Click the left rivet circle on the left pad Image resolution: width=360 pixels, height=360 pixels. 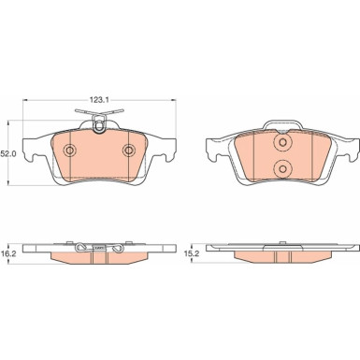[x=70, y=151]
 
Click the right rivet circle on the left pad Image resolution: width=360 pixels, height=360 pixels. [x=128, y=151]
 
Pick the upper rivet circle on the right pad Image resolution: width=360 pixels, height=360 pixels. [x=282, y=143]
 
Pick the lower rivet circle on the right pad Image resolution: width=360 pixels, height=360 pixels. [x=282, y=169]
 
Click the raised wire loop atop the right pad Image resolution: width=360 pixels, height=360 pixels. [x=282, y=121]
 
